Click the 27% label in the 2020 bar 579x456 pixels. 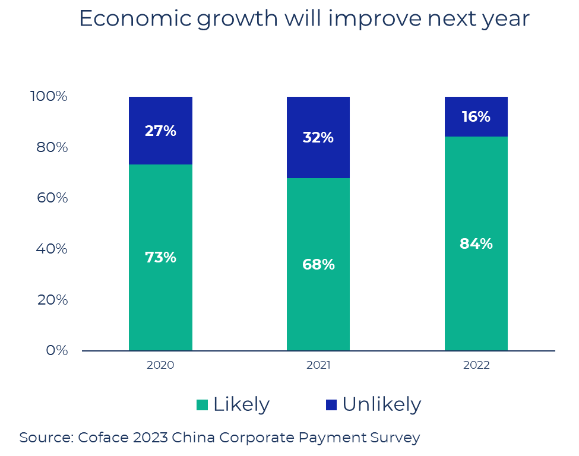160,131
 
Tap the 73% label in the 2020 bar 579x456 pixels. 160,258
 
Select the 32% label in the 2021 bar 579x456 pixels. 318,138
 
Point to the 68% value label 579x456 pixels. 318,265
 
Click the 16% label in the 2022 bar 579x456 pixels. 476,117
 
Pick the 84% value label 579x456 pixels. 476,244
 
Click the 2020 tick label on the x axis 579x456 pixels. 160,365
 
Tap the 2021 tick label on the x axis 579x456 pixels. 318,365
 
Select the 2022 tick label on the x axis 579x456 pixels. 476,365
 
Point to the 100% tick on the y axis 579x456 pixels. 49,96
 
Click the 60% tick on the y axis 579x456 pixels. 52,198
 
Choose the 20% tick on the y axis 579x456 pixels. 52,300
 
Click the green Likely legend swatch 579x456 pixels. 202,405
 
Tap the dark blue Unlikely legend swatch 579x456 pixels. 331,405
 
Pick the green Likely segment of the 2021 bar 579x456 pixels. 318,309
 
